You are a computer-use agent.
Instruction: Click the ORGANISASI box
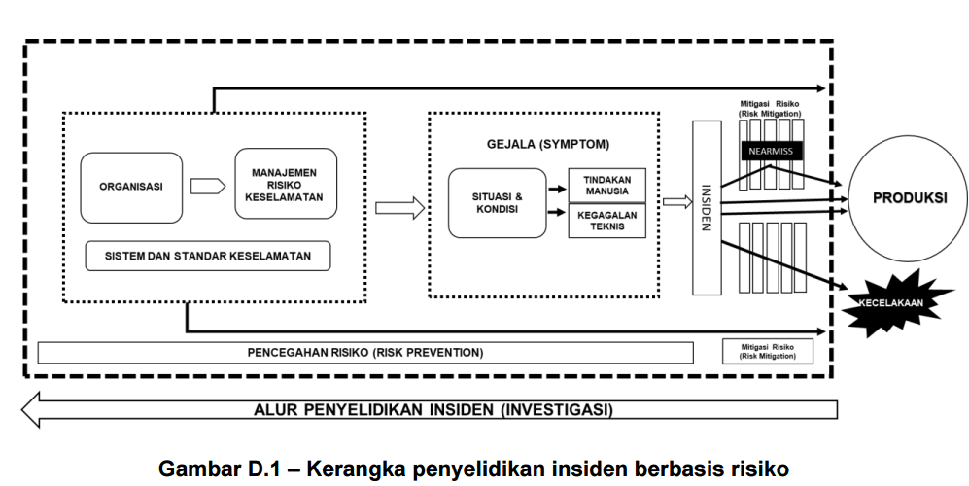(130, 186)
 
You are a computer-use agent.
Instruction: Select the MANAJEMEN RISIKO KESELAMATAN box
(286, 184)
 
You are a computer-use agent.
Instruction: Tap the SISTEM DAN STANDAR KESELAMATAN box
(207, 256)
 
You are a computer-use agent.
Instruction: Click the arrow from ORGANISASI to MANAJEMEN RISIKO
(207, 186)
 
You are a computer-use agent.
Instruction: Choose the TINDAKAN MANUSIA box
(606, 186)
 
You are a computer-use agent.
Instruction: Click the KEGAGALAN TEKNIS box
(606, 221)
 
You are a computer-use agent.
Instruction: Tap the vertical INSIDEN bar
(707, 207)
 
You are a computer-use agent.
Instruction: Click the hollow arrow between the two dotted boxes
(399, 207)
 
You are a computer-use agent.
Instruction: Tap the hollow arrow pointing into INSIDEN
(675, 202)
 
